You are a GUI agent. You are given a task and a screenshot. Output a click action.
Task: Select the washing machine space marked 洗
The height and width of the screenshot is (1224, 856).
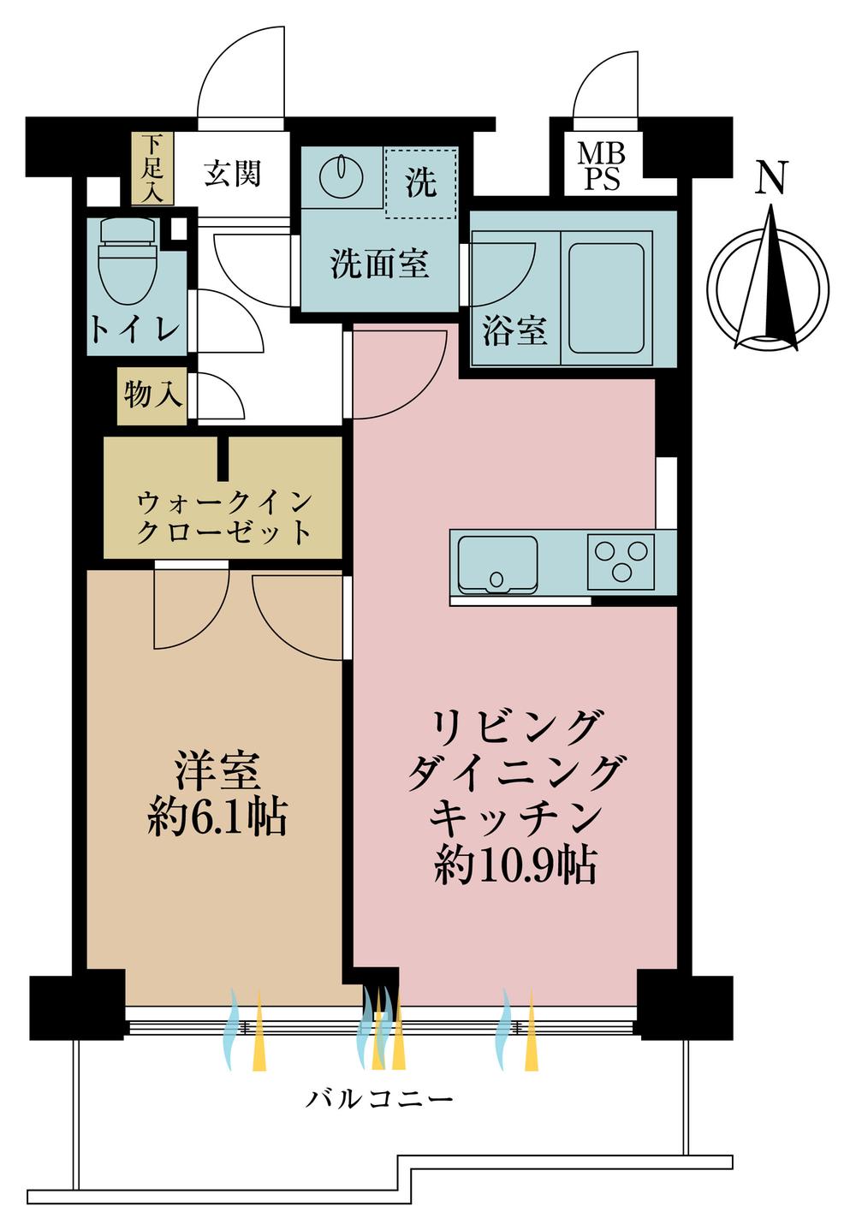419,182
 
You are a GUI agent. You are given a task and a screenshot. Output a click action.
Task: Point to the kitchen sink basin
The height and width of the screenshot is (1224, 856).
497,562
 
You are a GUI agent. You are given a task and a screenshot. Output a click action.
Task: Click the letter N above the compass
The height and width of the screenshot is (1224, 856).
771,178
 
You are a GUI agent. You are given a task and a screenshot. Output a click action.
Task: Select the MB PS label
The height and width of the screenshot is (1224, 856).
601,167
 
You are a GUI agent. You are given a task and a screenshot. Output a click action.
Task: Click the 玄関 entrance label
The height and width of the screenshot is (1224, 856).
232,174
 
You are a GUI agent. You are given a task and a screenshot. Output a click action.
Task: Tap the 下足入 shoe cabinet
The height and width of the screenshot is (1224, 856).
152,169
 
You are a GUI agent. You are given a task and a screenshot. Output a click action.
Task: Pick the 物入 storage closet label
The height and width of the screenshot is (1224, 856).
152,395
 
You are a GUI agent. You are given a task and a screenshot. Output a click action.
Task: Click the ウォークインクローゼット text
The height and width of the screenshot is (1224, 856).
223,517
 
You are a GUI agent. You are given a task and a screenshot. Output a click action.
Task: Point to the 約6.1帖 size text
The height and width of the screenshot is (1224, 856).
217,818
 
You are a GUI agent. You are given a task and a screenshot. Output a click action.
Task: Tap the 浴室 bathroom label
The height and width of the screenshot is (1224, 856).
514,330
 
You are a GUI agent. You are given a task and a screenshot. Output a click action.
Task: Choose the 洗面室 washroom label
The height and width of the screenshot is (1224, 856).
379,264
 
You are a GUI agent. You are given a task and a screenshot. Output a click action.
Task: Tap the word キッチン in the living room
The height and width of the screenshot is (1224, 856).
514,818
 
